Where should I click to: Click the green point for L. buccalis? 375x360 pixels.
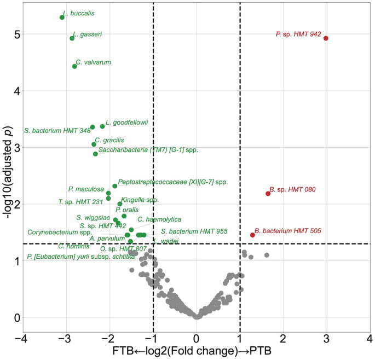pos(62,18)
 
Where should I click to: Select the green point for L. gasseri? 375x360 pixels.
pos(72,38)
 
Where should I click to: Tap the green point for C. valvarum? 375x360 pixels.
pos(74,66)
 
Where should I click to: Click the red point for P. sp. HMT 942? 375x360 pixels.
pos(326,38)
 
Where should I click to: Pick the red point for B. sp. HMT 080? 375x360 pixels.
pos(268,194)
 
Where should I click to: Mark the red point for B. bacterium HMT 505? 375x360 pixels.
pos(252,235)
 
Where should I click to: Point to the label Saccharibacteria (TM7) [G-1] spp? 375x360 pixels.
pos(148,149)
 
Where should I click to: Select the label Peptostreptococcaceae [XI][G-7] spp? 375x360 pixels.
pos(172,181)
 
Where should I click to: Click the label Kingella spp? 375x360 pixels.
pos(140,200)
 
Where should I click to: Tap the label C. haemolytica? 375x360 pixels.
pos(159,219)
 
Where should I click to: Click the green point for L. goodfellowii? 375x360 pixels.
pos(102,126)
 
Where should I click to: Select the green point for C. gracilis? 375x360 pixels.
pos(94,144)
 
